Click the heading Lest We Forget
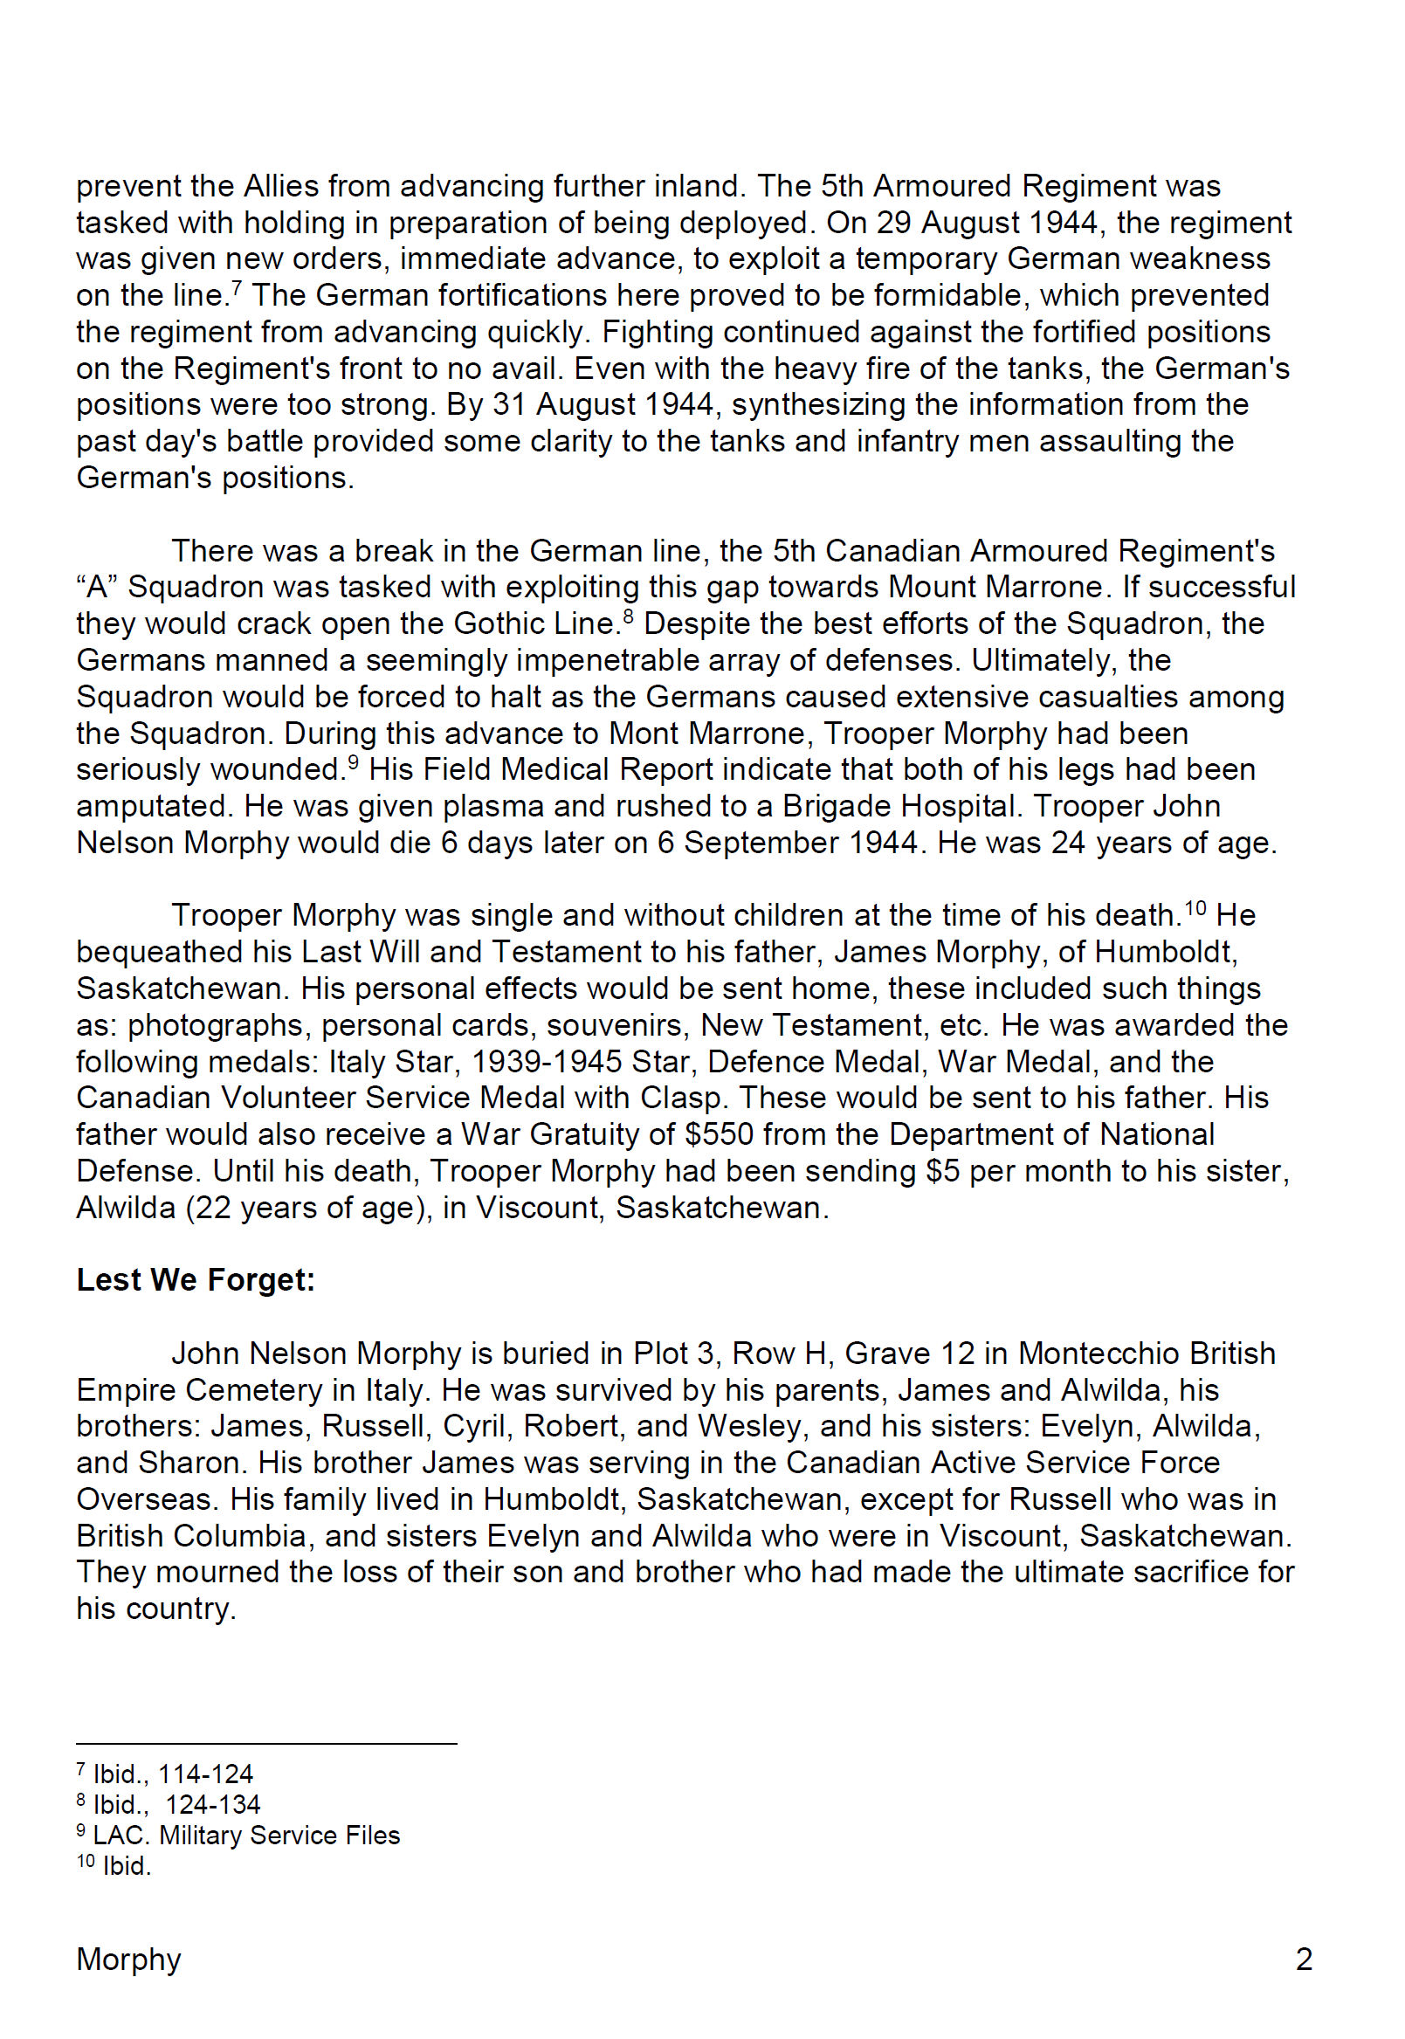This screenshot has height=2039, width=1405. pos(196,1279)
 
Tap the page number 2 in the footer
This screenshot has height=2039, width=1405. pos(1304,1959)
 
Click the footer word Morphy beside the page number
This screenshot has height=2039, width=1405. pos(128,1959)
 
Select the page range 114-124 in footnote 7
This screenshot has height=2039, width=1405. pos(205,1774)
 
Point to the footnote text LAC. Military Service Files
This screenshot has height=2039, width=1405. pos(245,1835)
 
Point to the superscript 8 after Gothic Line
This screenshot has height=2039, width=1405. pos(628,616)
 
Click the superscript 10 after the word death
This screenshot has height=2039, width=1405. pos(1195,907)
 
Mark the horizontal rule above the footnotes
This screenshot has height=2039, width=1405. pos(265,1743)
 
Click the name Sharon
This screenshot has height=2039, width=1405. pos(189,1463)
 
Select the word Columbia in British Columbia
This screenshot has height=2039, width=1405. pos(239,1535)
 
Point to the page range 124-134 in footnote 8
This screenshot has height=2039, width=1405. pos(213,1804)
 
